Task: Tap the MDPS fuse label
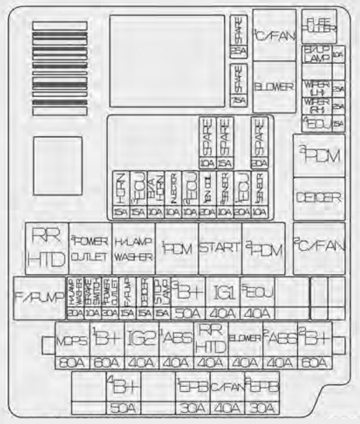tap(72, 340)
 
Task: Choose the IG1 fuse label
tap(223, 292)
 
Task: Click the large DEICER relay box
tap(319, 198)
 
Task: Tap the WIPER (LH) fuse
tap(317, 89)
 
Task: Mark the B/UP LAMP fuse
tap(317, 54)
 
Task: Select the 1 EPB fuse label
tap(193, 388)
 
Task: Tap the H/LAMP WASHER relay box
tap(134, 248)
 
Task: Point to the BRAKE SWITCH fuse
tap(92, 292)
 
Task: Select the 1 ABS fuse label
tap(176, 340)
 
